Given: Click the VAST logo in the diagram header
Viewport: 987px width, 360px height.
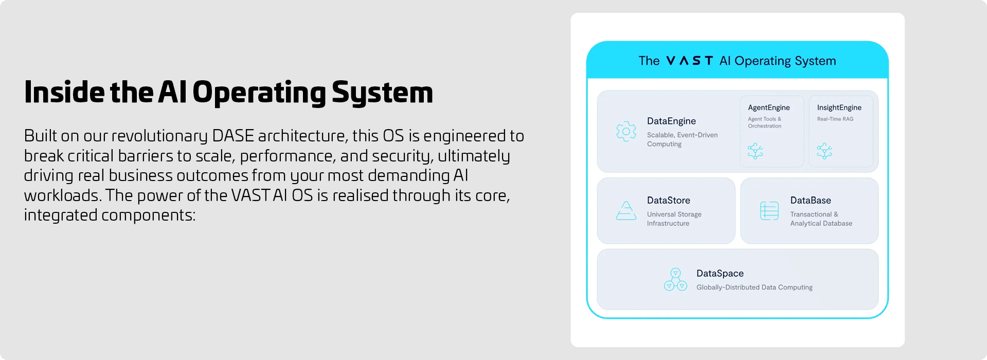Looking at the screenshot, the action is pos(689,61).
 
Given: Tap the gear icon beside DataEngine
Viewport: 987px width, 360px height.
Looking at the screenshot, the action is pos(626,132).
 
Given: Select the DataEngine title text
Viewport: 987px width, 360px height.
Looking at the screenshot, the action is pos(671,121).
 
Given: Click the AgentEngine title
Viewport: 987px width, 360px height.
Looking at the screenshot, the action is pos(769,107).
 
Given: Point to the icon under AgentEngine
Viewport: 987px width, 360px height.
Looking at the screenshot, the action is pos(755,151).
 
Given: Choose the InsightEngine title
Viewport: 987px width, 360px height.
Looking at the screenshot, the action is pos(839,107).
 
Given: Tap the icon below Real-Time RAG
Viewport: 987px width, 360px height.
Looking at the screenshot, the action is pos(824,151).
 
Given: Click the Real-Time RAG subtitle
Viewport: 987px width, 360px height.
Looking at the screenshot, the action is pos(835,119).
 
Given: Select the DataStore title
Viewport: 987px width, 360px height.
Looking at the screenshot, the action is pos(669,200).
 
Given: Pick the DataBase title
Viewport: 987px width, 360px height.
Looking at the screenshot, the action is pos(811,200).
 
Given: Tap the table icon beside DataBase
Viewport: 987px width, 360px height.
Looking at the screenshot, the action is pos(769,211).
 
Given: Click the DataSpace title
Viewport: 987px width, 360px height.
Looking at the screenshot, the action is pos(720,273).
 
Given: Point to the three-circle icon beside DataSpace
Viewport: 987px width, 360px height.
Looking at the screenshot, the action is pos(675,279).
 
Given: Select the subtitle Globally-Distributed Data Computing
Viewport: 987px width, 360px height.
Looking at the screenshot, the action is pos(755,287).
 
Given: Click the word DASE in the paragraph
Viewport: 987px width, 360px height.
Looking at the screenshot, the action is pos(233,136).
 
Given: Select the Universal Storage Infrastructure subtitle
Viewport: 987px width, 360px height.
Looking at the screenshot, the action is pos(674,219).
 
